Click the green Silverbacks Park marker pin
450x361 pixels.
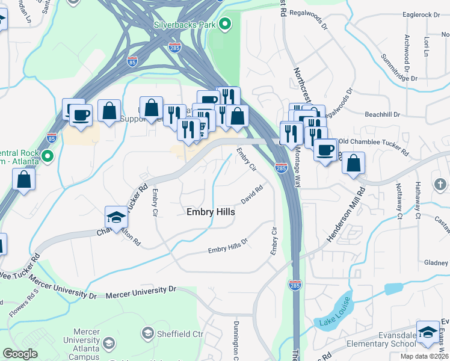click(225, 25)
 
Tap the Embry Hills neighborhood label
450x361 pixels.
click(211, 212)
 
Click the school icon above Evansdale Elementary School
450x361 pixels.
click(428, 332)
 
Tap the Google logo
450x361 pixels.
click(20, 354)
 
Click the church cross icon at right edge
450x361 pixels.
click(440, 184)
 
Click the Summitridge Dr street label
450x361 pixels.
click(399, 68)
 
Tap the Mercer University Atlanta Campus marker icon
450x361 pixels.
click(109, 344)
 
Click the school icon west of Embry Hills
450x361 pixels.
click(116, 217)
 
